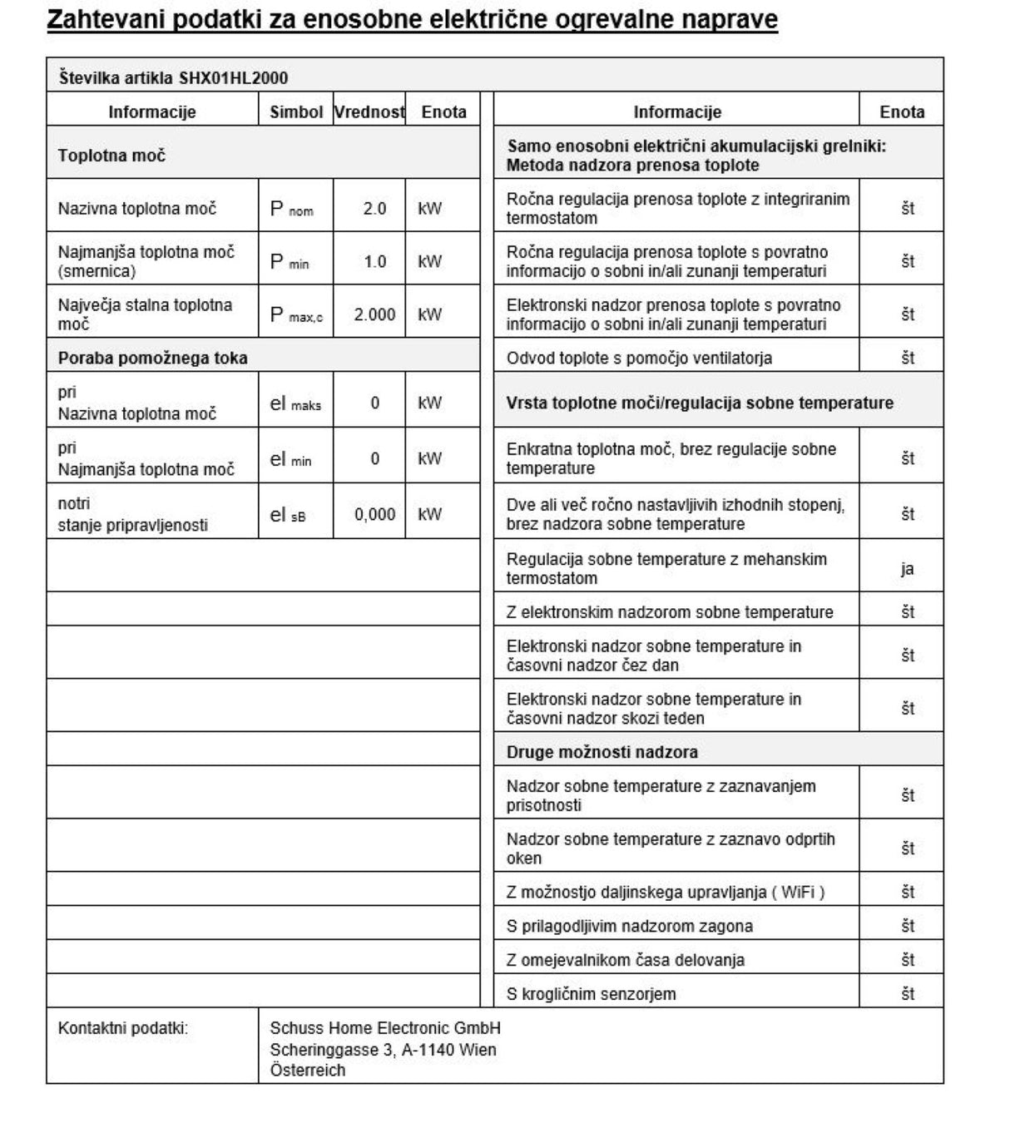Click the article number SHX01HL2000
(x=234, y=78)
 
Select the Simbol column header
(x=295, y=111)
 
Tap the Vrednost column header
(x=369, y=111)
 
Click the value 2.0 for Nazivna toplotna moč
(x=374, y=208)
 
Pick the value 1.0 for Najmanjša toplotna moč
(x=374, y=261)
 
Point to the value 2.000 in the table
(x=374, y=314)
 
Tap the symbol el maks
(x=295, y=403)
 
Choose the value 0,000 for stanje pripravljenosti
(x=374, y=514)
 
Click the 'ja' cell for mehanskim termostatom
(x=907, y=569)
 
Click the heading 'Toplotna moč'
(x=111, y=156)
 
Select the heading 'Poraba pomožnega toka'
(x=152, y=359)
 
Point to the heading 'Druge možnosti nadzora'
(x=602, y=752)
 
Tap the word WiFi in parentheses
(x=798, y=893)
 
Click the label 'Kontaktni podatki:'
(x=123, y=1028)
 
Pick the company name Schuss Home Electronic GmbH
(x=385, y=1028)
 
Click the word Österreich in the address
(x=307, y=1071)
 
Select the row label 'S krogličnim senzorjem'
(x=591, y=994)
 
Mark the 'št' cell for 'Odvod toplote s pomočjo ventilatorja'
(x=907, y=359)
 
